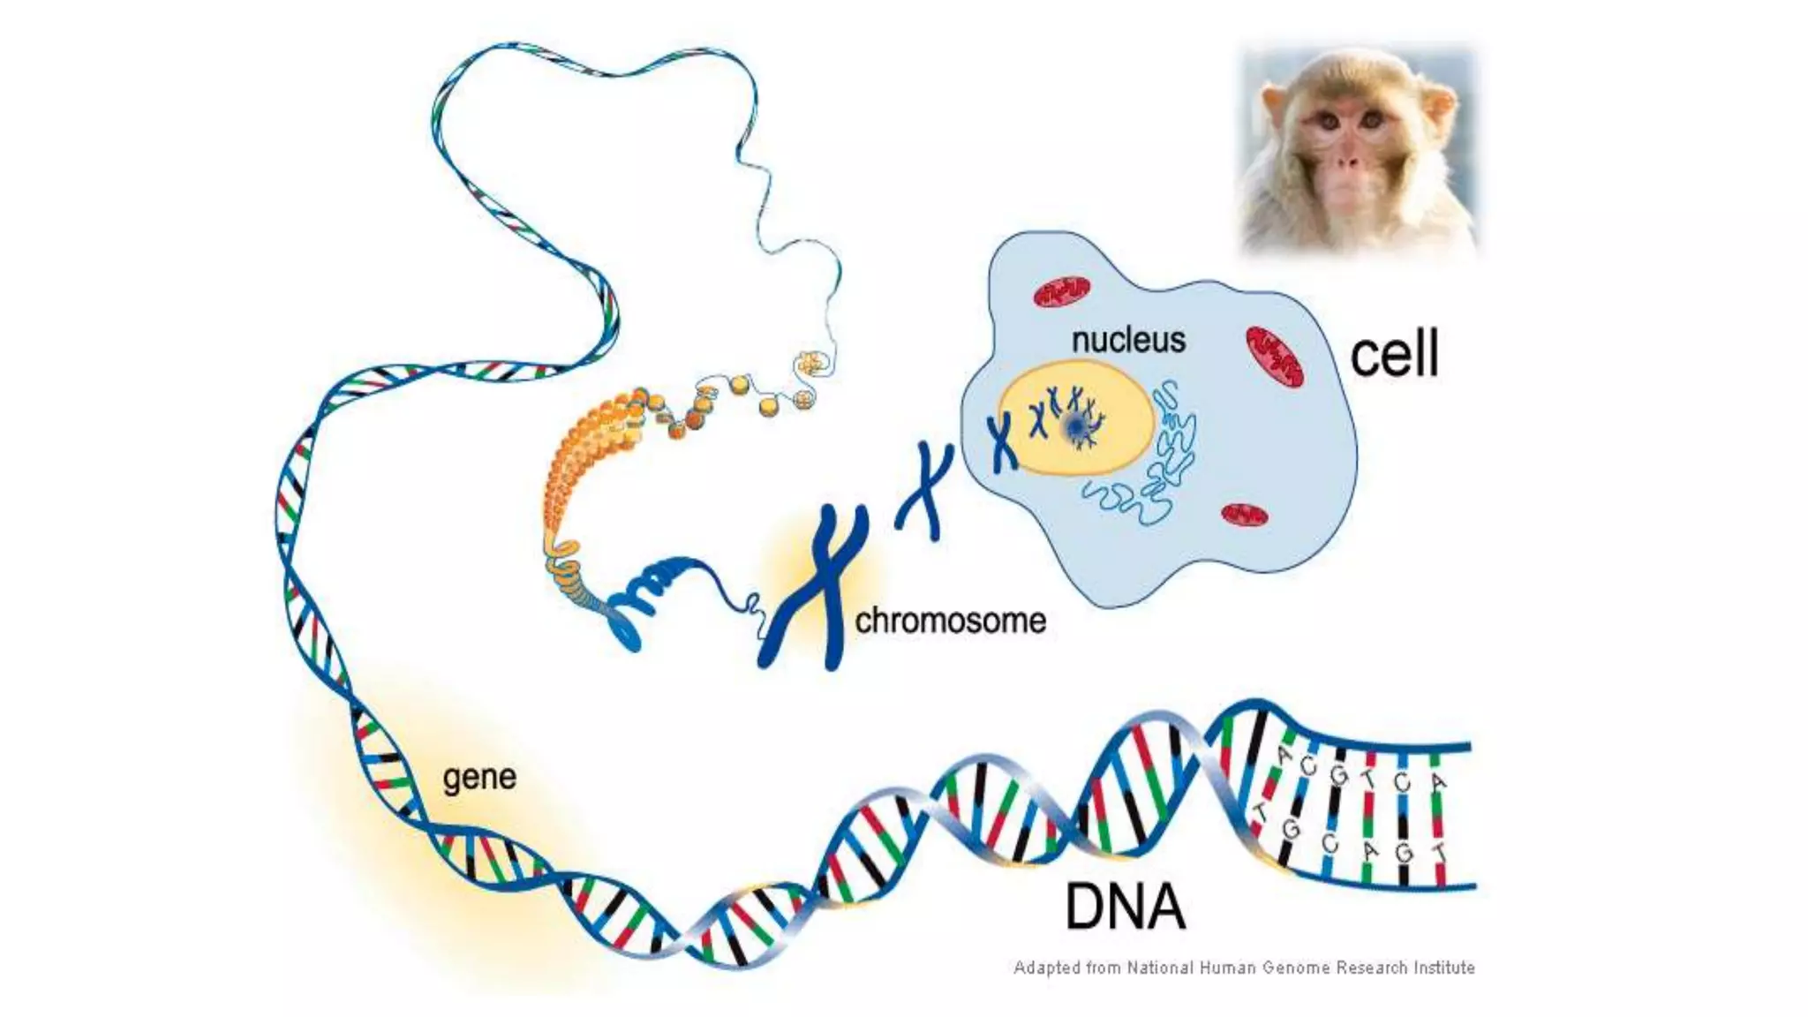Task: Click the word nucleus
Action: [x=1128, y=340]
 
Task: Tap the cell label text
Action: [x=1394, y=353]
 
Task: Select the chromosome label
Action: [x=950, y=621]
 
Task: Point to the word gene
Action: [x=479, y=777]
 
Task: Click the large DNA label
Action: [x=1125, y=907]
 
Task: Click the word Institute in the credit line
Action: [x=1444, y=968]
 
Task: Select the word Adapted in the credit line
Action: [x=1046, y=968]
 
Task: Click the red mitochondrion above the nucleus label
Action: [x=1061, y=292]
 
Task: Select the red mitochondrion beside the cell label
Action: [x=1274, y=357]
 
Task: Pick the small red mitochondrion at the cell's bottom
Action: [x=1245, y=515]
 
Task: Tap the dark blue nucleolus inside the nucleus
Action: [x=1076, y=426]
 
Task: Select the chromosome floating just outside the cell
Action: [x=925, y=491]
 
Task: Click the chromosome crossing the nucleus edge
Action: [x=1003, y=441]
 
